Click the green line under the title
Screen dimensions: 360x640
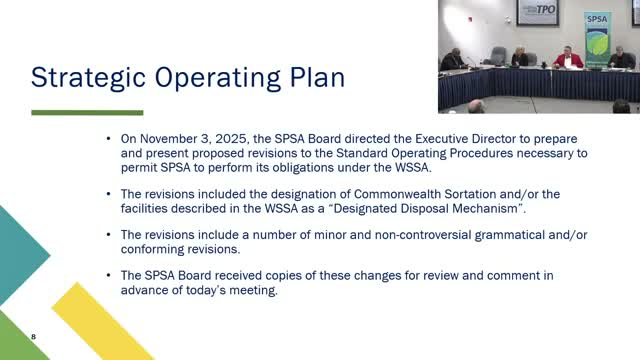tap(87, 113)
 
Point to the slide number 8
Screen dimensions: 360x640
tap(33, 337)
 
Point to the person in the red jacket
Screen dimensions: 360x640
tap(570, 58)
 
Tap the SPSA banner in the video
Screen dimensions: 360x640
tap(598, 36)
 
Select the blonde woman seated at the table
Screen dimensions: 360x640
tap(520, 57)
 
